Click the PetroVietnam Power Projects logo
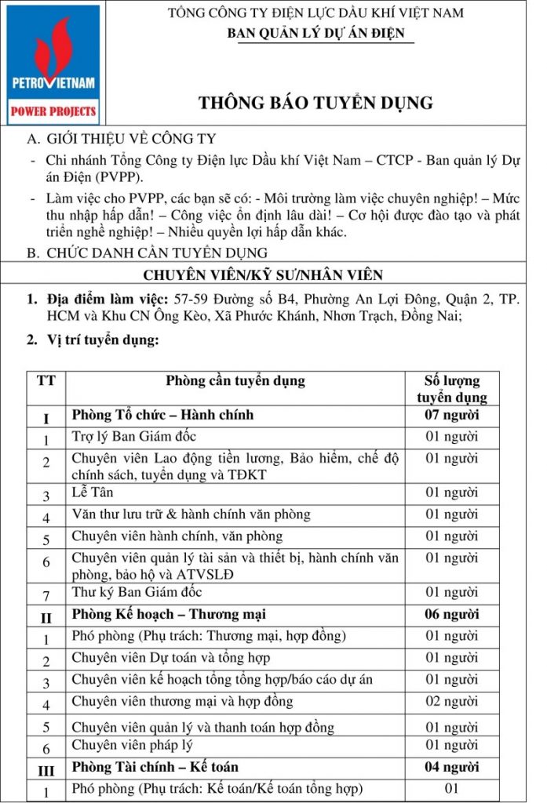(x=54, y=64)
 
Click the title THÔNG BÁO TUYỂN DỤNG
(x=315, y=103)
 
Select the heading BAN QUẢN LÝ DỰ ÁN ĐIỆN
(x=315, y=33)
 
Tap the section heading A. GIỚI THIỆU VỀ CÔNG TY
(x=121, y=140)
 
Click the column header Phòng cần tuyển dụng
(x=235, y=381)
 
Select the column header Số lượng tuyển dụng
(x=451, y=389)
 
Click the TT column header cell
(x=46, y=381)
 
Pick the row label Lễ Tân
(x=89, y=493)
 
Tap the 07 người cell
(x=451, y=415)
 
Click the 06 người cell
(x=451, y=614)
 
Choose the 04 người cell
(x=451, y=766)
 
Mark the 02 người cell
(x=451, y=701)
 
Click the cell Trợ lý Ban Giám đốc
(x=134, y=436)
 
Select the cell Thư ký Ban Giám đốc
(x=137, y=592)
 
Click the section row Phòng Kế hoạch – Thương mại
(x=172, y=614)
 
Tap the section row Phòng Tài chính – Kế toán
(x=155, y=766)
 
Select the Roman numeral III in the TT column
(x=46, y=770)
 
